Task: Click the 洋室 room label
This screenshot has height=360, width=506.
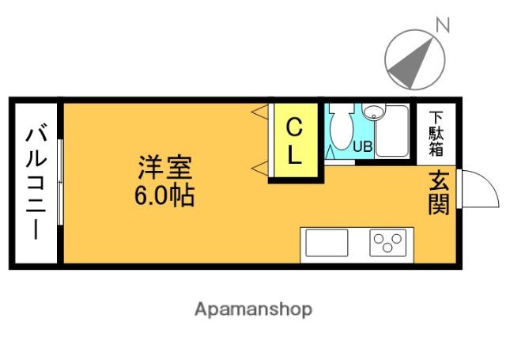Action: [165, 169]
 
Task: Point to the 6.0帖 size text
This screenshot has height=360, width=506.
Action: [164, 195]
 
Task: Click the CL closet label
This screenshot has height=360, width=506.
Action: [294, 142]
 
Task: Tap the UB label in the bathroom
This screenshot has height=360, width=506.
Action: [362, 146]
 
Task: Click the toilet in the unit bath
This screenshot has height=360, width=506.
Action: [342, 127]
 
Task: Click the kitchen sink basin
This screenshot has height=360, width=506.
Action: [327, 243]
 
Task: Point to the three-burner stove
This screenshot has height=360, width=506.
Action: [387, 242]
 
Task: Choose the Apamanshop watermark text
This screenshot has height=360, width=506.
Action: [253, 309]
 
